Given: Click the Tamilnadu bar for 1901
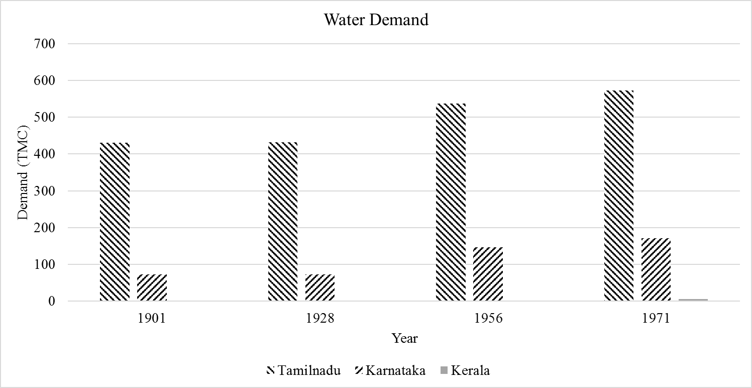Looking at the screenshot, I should [115, 222].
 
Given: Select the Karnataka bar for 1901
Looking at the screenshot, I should [152, 287].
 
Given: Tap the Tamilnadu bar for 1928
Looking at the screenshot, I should [282, 222].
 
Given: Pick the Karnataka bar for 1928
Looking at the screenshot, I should [319, 287].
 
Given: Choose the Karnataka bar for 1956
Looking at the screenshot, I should [488, 274].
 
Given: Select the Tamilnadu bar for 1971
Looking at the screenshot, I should [618, 196].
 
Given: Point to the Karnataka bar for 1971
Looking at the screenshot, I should [656, 269].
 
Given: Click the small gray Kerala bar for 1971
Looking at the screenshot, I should [693, 300].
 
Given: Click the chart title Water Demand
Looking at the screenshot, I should [376, 20].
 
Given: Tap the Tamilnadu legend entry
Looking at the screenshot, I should [303, 371].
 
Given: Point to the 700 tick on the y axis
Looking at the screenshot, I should [44, 44].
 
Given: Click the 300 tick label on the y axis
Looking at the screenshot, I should [44, 191].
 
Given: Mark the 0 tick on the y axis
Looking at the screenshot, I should [50, 302].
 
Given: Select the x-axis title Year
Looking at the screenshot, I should [404, 338].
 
